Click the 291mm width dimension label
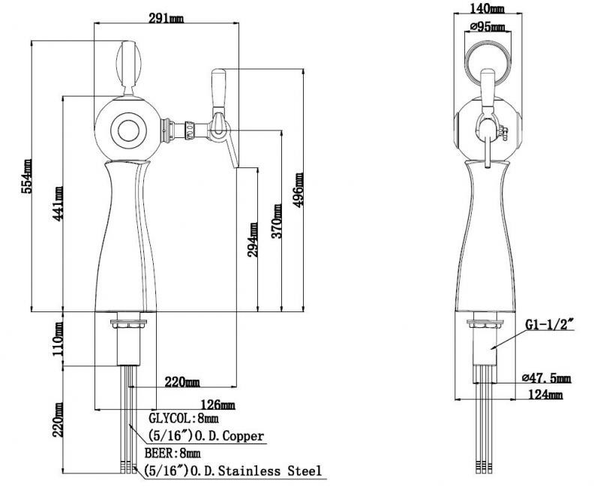166,18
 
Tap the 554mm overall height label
27,176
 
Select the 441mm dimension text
58,203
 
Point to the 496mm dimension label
298,190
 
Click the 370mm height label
277,221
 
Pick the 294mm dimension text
253,239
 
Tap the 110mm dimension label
58,338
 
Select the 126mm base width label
217,404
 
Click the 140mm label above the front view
487,8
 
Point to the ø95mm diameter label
487,27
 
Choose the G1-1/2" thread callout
550,325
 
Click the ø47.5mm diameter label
547,377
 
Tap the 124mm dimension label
545,394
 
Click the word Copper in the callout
243,435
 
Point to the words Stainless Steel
270,470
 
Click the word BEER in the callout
159,453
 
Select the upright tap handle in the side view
218,89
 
